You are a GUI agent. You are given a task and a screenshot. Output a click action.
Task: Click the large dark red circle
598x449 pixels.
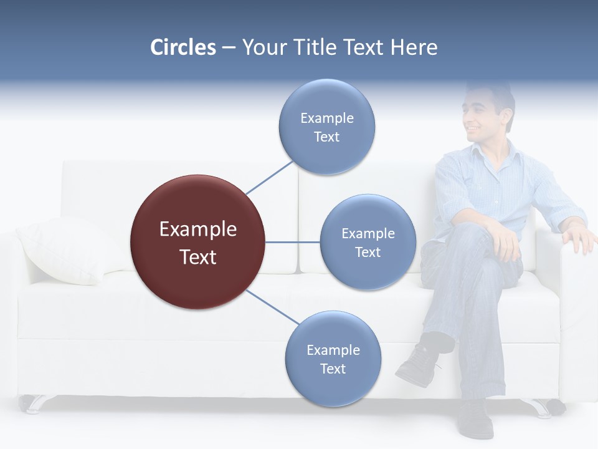click(198, 243)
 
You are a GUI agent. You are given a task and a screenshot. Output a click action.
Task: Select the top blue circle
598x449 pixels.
click(327, 127)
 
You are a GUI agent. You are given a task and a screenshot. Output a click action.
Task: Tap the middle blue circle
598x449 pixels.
click(368, 242)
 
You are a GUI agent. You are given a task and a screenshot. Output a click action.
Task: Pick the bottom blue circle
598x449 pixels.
click(333, 359)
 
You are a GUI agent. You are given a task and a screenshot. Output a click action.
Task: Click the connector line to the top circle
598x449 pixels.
click(270, 177)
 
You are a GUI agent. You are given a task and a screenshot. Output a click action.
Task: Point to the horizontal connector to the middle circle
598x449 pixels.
click(293, 242)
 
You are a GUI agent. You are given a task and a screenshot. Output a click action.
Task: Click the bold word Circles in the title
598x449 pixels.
click(183, 47)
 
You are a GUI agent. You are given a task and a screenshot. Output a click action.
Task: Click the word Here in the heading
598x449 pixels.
click(414, 47)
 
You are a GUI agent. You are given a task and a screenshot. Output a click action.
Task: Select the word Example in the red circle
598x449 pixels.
click(198, 229)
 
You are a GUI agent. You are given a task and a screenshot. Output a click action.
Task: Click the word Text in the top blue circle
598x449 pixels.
click(326, 137)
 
